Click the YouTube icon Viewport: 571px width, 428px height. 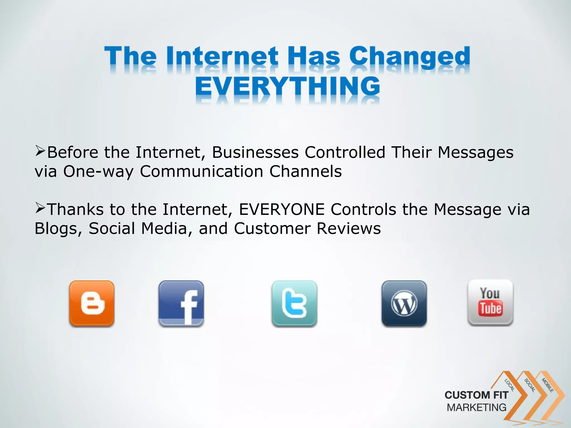click(x=490, y=303)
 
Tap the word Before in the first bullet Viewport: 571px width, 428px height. click(x=73, y=152)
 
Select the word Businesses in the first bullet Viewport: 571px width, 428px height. click(x=255, y=152)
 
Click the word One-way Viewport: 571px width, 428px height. click(x=98, y=171)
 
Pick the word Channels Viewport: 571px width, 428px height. click(x=306, y=171)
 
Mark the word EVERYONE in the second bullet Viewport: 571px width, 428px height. click(x=282, y=209)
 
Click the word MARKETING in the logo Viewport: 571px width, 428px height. click(x=476, y=407)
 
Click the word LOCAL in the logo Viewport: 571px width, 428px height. click(x=509, y=385)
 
